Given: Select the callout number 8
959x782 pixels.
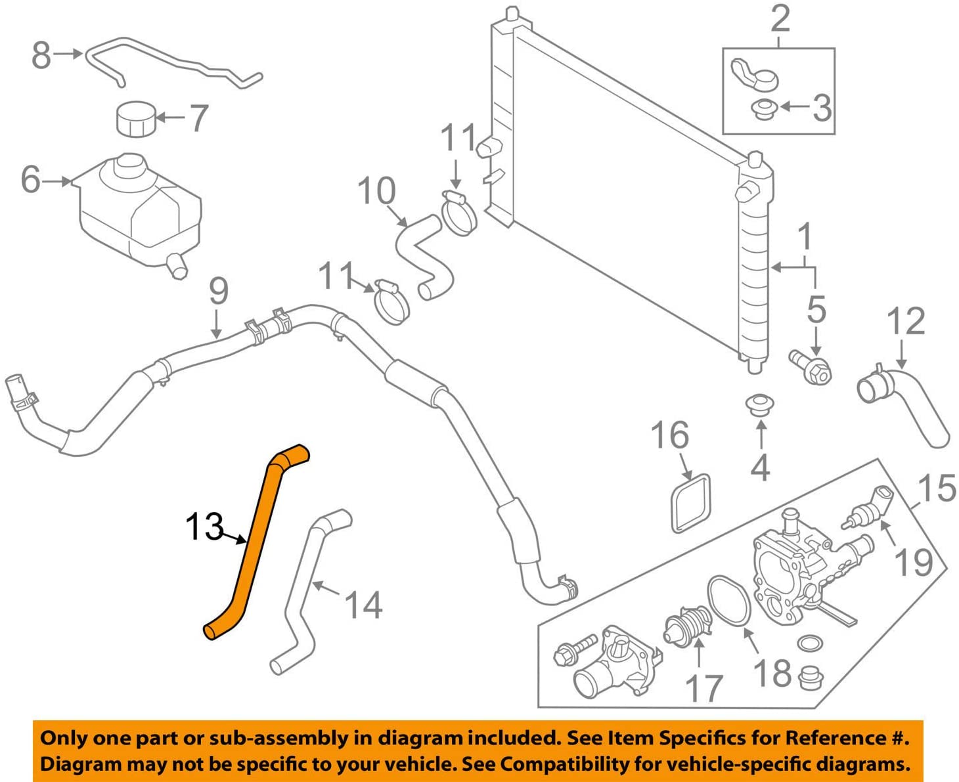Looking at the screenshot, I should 41,55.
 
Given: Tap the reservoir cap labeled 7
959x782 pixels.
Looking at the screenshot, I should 137,119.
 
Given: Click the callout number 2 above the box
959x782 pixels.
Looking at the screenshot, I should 780,19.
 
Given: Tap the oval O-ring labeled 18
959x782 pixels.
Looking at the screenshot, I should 729,601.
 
